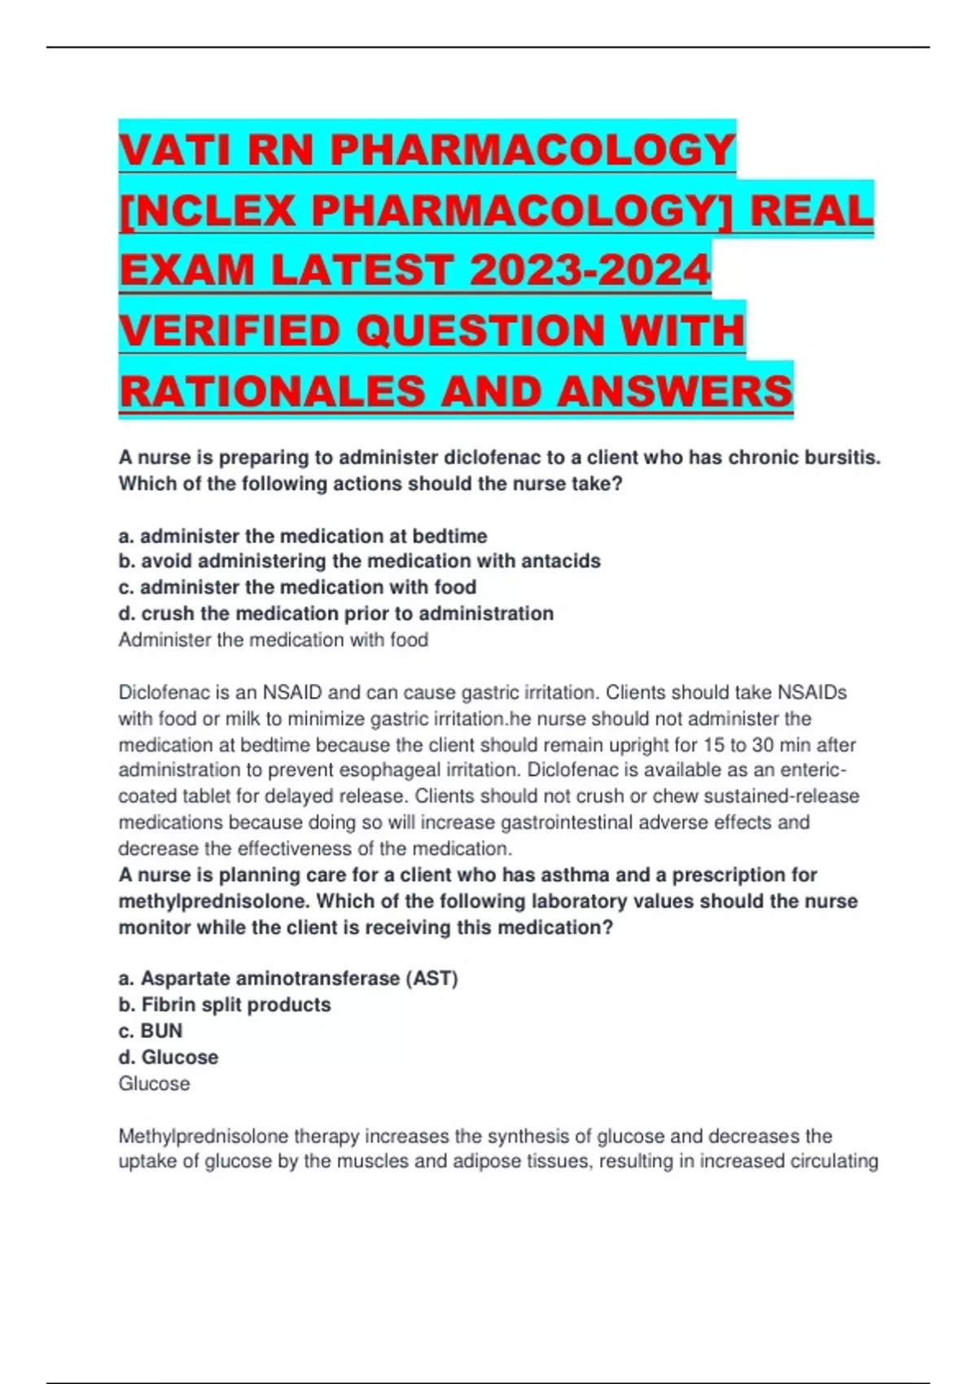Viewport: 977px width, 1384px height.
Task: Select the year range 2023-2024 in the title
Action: [590, 271]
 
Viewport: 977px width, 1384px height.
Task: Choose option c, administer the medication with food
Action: [297, 587]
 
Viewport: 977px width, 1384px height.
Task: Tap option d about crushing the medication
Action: [335, 613]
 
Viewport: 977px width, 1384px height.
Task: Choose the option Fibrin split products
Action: [225, 1005]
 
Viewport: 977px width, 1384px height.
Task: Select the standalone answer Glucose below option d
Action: [154, 1084]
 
